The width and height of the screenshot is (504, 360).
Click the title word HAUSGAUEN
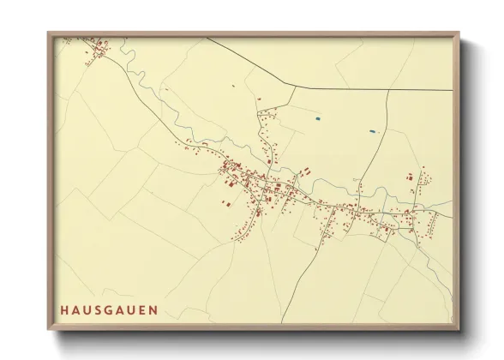point(109,309)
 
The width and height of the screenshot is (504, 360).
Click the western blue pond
point(317,117)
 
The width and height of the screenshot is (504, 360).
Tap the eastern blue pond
point(372,131)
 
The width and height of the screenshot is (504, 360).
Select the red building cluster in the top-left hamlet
point(97,51)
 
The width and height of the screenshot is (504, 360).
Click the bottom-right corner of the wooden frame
point(459,330)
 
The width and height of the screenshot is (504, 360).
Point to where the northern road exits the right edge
point(452,89)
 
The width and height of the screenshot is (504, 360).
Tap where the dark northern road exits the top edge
point(206,39)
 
